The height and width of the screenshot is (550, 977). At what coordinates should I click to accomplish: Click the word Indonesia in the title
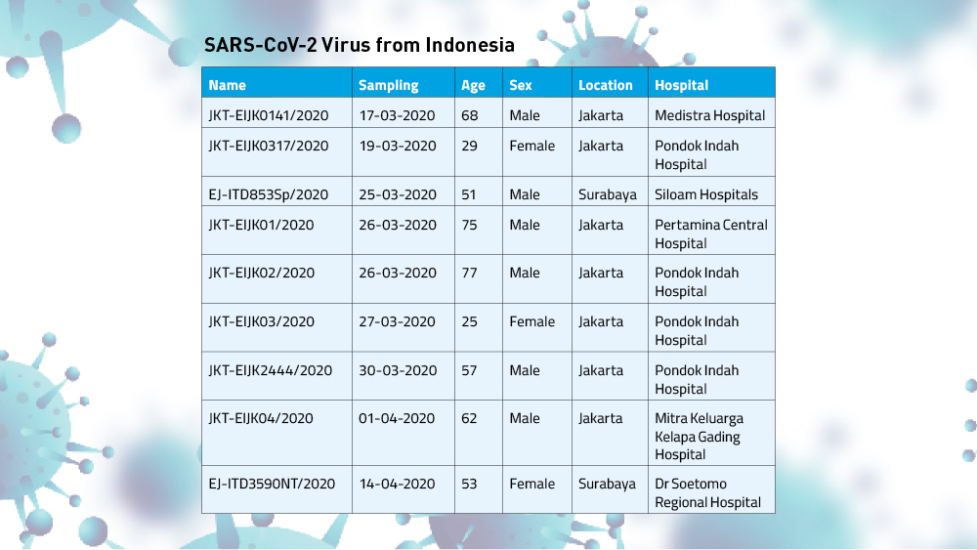tap(470, 45)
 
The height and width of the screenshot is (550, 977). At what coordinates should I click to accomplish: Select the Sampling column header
tap(388, 85)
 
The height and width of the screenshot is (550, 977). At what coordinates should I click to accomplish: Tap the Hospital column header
tap(681, 85)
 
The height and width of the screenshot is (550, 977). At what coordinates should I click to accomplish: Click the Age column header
tap(473, 86)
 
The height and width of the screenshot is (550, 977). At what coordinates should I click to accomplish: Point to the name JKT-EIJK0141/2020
tap(269, 115)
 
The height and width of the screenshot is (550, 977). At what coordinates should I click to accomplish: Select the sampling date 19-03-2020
tap(398, 146)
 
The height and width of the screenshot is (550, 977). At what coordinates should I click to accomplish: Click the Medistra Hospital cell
tap(709, 115)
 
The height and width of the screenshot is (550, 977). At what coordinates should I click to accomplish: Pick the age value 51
tap(469, 194)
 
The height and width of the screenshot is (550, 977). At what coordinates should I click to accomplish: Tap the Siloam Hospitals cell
tap(706, 194)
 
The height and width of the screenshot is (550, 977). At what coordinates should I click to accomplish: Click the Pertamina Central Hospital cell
tap(711, 234)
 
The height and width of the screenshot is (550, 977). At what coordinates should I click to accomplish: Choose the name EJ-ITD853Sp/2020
tap(268, 194)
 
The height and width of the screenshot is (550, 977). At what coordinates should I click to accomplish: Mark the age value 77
tap(469, 273)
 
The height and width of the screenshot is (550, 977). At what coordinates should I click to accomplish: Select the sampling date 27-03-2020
tap(397, 321)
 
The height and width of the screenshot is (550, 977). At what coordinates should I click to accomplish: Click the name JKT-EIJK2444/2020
tap(271, 370)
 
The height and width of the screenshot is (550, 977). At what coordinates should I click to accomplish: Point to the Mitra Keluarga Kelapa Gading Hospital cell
tap(699, 436)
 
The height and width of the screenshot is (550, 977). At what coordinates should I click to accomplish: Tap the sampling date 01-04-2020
tap(397, 418)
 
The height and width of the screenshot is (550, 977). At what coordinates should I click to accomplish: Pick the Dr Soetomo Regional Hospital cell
tap(707, 492)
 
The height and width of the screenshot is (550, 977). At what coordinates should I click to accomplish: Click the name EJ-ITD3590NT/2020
tap(272, 484)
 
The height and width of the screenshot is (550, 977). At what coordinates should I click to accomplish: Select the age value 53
tap(469, 484)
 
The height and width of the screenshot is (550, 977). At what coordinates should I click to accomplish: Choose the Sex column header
tap(521, 85)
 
